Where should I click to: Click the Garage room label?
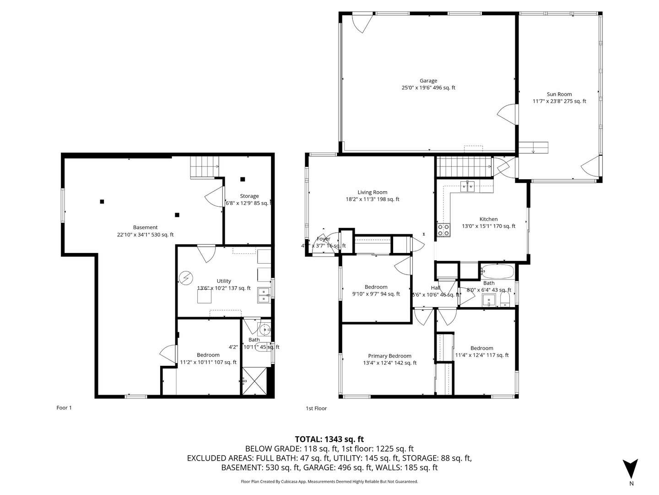(428, 81)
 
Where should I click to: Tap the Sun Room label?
(559, 94)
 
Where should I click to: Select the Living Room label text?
(372, 192)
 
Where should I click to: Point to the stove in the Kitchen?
(443, 230)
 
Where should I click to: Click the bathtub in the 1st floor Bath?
(498, 272)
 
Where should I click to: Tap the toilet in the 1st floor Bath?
(505, 301)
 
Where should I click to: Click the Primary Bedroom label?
(389, 356)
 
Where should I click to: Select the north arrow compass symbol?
(631, 469)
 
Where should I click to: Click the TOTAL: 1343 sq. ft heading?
(329, 439)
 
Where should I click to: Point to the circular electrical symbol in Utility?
(186, 278)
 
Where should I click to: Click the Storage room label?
(249, 196)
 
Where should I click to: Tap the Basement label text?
(145, 227)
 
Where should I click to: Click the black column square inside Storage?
(243, 179)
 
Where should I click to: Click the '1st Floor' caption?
(316, 408)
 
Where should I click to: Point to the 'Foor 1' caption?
(64, 408)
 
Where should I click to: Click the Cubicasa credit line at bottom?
(329, 482)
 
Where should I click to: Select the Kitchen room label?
(488, 219)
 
